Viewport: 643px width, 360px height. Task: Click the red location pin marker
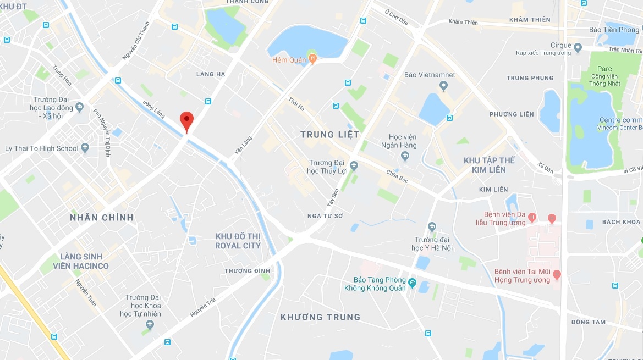187,120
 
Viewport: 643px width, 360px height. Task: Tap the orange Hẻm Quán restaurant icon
312,57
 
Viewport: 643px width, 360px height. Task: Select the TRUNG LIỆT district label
329,135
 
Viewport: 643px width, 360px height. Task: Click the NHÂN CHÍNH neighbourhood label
102,218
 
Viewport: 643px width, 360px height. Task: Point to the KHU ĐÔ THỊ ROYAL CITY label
238,241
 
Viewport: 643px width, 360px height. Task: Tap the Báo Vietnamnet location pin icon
444,85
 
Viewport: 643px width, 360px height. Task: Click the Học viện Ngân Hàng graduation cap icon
405,157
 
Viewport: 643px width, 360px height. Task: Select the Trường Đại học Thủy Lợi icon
354,165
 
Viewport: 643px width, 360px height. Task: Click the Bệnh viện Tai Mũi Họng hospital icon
557,273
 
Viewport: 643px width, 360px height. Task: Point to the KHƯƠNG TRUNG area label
320,317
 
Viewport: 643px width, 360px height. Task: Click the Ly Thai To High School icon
85,148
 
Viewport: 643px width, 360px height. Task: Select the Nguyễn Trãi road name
201,306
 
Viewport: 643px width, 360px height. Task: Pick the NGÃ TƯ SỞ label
325,216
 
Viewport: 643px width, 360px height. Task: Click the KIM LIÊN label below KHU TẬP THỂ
493,190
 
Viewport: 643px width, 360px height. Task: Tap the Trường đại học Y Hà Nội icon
432,226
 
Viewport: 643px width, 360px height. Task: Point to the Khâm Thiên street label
463,22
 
